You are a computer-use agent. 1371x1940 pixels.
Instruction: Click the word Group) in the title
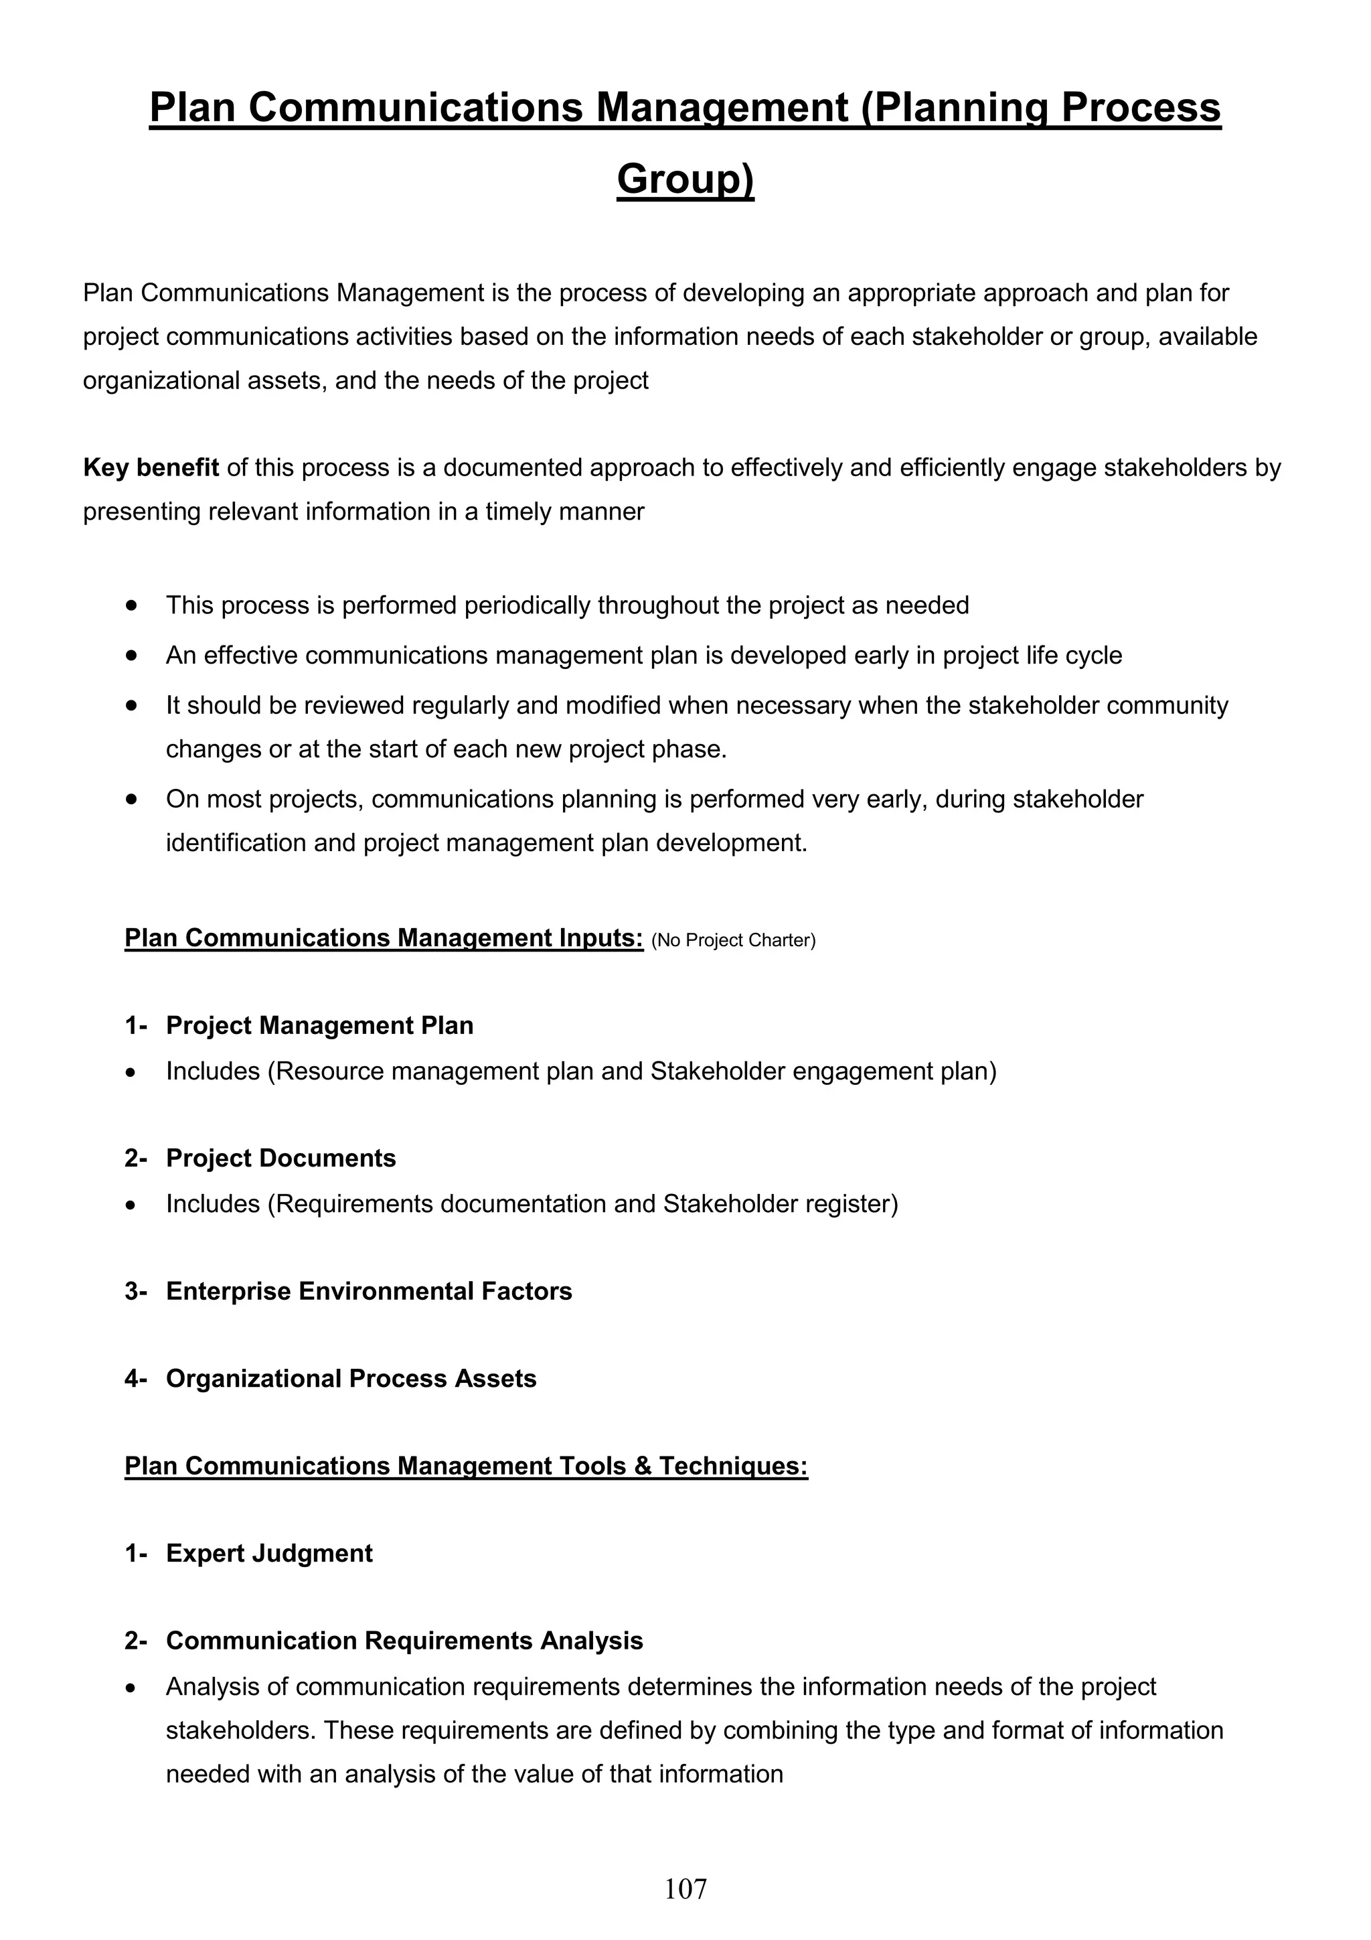685,179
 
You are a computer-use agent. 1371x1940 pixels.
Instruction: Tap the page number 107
685,1888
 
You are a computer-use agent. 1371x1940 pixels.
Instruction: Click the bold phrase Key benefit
151,467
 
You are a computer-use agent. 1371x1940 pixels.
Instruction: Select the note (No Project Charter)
733,940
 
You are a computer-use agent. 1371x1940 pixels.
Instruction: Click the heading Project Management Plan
319,1025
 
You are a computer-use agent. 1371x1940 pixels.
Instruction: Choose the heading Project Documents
280,1158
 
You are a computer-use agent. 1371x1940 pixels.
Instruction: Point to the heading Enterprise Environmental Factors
368,1291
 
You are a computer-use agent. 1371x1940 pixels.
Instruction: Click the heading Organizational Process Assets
351,1378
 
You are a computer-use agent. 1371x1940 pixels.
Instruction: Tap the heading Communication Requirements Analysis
404,1640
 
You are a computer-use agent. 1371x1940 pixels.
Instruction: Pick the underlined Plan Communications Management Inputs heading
384,938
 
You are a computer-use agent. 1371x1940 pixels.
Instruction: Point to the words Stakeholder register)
781,1203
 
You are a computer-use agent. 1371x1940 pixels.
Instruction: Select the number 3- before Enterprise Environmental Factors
135,1291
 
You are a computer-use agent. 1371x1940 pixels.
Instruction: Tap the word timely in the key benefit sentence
515,511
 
